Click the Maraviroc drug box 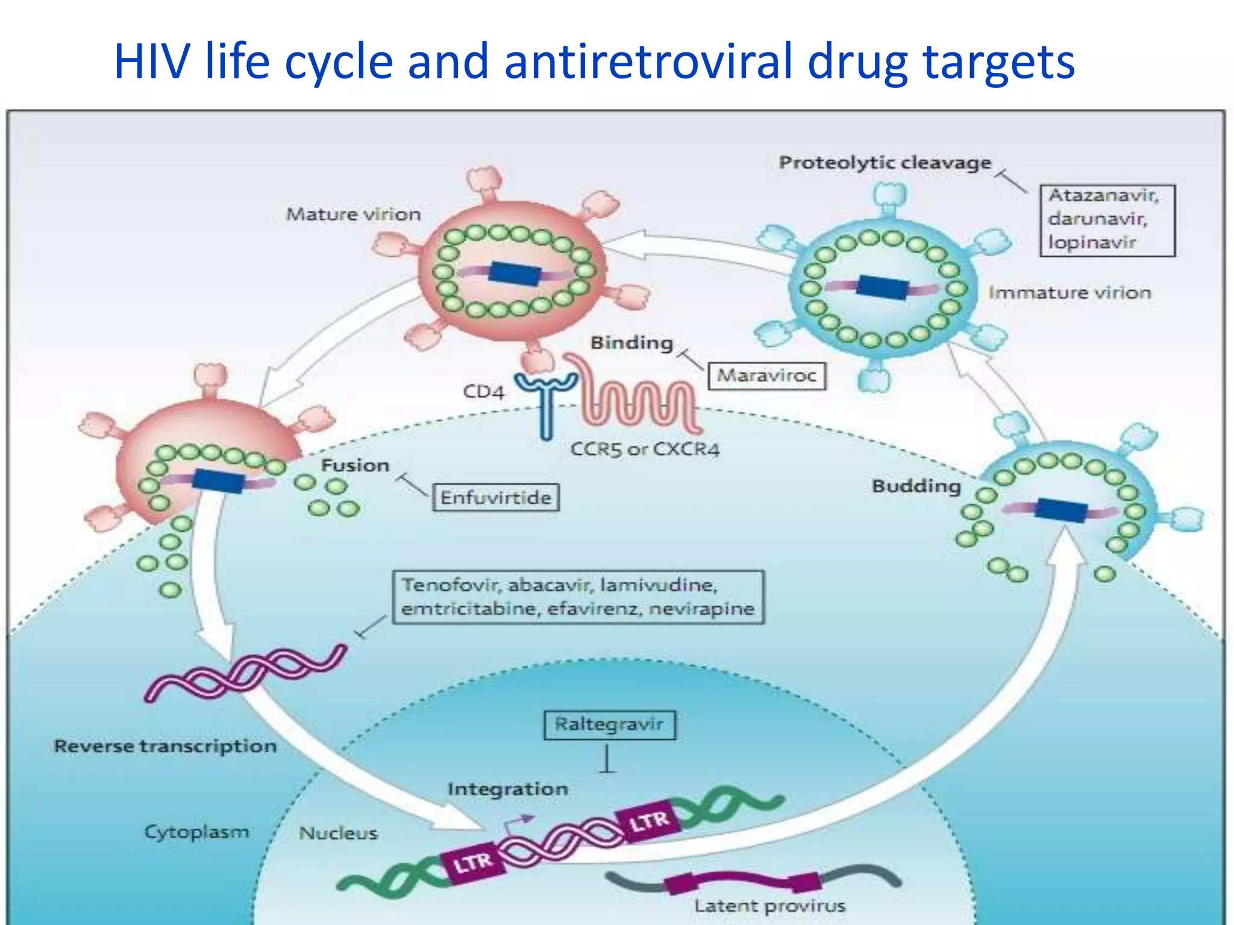click(766, 376)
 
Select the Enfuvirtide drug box click(495, 497)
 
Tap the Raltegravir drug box click(609, 724)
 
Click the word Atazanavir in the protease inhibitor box click(1103, 196)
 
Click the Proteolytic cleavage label click(885, 163)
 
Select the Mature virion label click(353, 214)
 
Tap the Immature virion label click(1070, 293)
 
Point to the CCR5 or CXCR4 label click(645, 449)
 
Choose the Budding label click(916, 486)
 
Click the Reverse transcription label click(165, 746)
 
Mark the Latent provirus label click(769, 906)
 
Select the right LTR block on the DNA click(648, 820)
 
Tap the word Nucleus click(338, 833)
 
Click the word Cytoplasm click(196, 832)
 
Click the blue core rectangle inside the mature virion click(515, 274)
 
